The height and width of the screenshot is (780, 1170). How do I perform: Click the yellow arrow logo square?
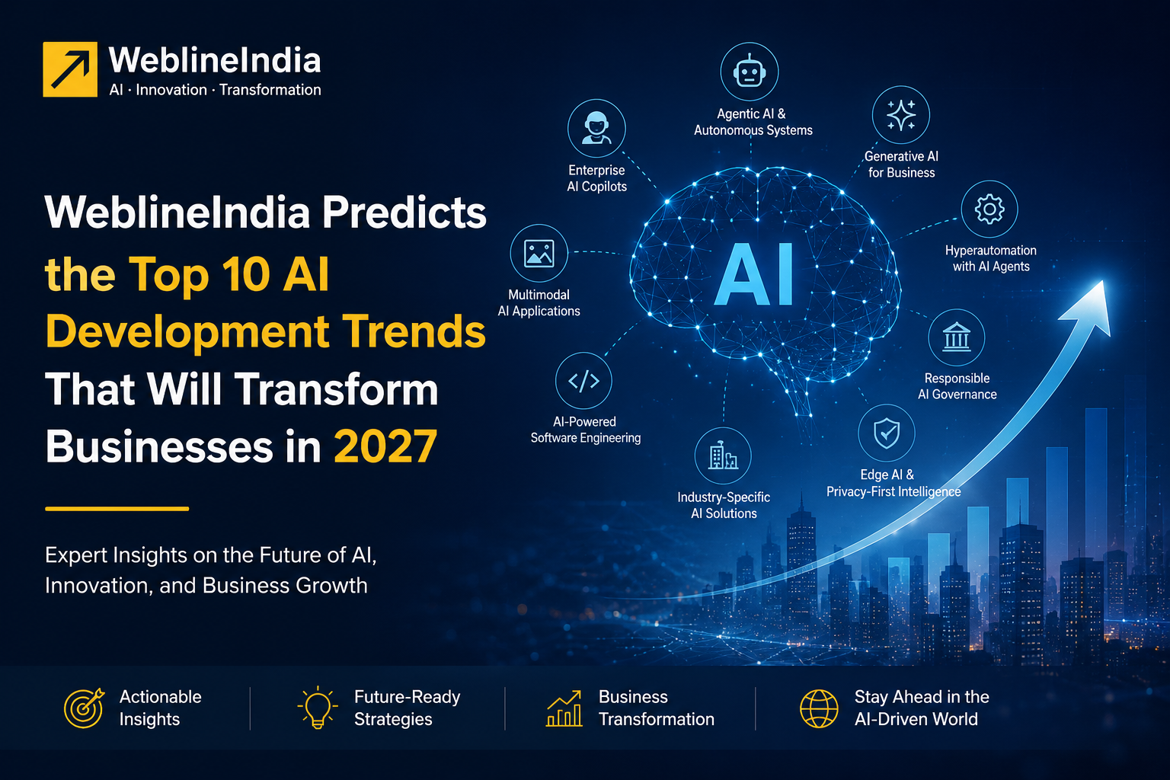[x=70, y=69]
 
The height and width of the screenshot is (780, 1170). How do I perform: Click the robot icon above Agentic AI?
[x=750, y=71]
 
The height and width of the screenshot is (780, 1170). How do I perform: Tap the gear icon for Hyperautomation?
[x=989, y=209]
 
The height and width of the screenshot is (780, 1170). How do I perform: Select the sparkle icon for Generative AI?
[x=901, y=115]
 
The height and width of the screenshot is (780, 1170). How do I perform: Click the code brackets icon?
[x=583, y=381]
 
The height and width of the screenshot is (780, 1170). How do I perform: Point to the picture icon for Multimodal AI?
[x=539, y=254]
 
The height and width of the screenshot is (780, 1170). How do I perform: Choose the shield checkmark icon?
[x=887, y=433]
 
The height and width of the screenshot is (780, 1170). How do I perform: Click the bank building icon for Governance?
[x=957, y=337]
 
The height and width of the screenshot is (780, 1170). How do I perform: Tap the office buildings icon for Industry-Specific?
[x=723, y=455]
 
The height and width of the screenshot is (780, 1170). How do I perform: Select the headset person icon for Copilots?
[x=596, y=128]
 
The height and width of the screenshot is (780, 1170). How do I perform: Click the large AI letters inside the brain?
[x=755, y=274]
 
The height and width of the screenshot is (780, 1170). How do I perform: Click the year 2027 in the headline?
[x=385, y=446]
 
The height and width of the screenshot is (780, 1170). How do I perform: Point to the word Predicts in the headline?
[x=404, y=212]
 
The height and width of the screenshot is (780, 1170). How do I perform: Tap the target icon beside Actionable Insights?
[x=84, y=708]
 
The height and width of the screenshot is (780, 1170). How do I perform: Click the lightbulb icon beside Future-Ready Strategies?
[x=318, y=708]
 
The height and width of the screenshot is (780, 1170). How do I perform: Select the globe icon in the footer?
[x=819, y=708]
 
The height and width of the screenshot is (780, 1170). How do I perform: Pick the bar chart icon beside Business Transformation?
[x=564, y=708]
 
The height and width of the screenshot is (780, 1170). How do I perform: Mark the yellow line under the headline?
[x=117, y=508]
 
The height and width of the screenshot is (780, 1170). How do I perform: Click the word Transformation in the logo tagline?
[x=270, y=90]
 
